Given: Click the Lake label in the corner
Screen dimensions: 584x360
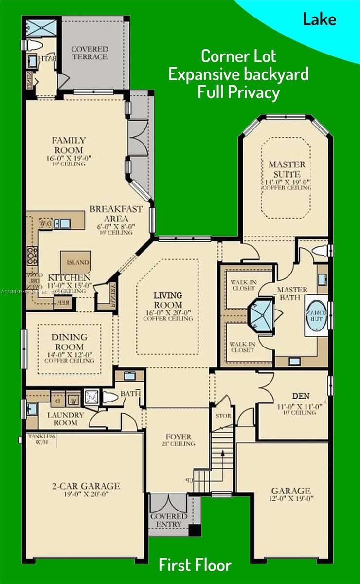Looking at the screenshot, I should pyautogui.click(x=319, y=19).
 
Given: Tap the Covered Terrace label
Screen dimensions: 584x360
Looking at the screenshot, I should pyautogui.click(x=89, y=53).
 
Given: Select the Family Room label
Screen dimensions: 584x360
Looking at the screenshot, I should pyautogui.click(x=69, y=146).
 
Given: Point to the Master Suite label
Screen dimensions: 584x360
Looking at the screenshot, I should pyautogui.click(x=287, y=169).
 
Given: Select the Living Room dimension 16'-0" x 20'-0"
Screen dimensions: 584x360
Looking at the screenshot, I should pyautogui.click(x=168, y=312).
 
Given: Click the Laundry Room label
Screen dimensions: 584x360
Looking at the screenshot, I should pyautogui.click(x=66, y=419).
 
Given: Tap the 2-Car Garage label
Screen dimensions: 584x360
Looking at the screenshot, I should pyautogui.click(x=86, y=486).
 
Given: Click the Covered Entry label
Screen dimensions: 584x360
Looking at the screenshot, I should pyautogui.click(x=169, y=520).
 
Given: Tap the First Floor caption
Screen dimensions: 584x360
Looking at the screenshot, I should pyautogui.click(x=195, y=566).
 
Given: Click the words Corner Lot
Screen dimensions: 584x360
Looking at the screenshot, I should pyautogui.click(x=238, y=56).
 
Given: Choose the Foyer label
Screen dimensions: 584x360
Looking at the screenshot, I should pyautogui.click(x=179, y=437).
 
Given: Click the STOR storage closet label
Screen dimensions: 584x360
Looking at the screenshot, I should pyautogui.click(x=224, y=416).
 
